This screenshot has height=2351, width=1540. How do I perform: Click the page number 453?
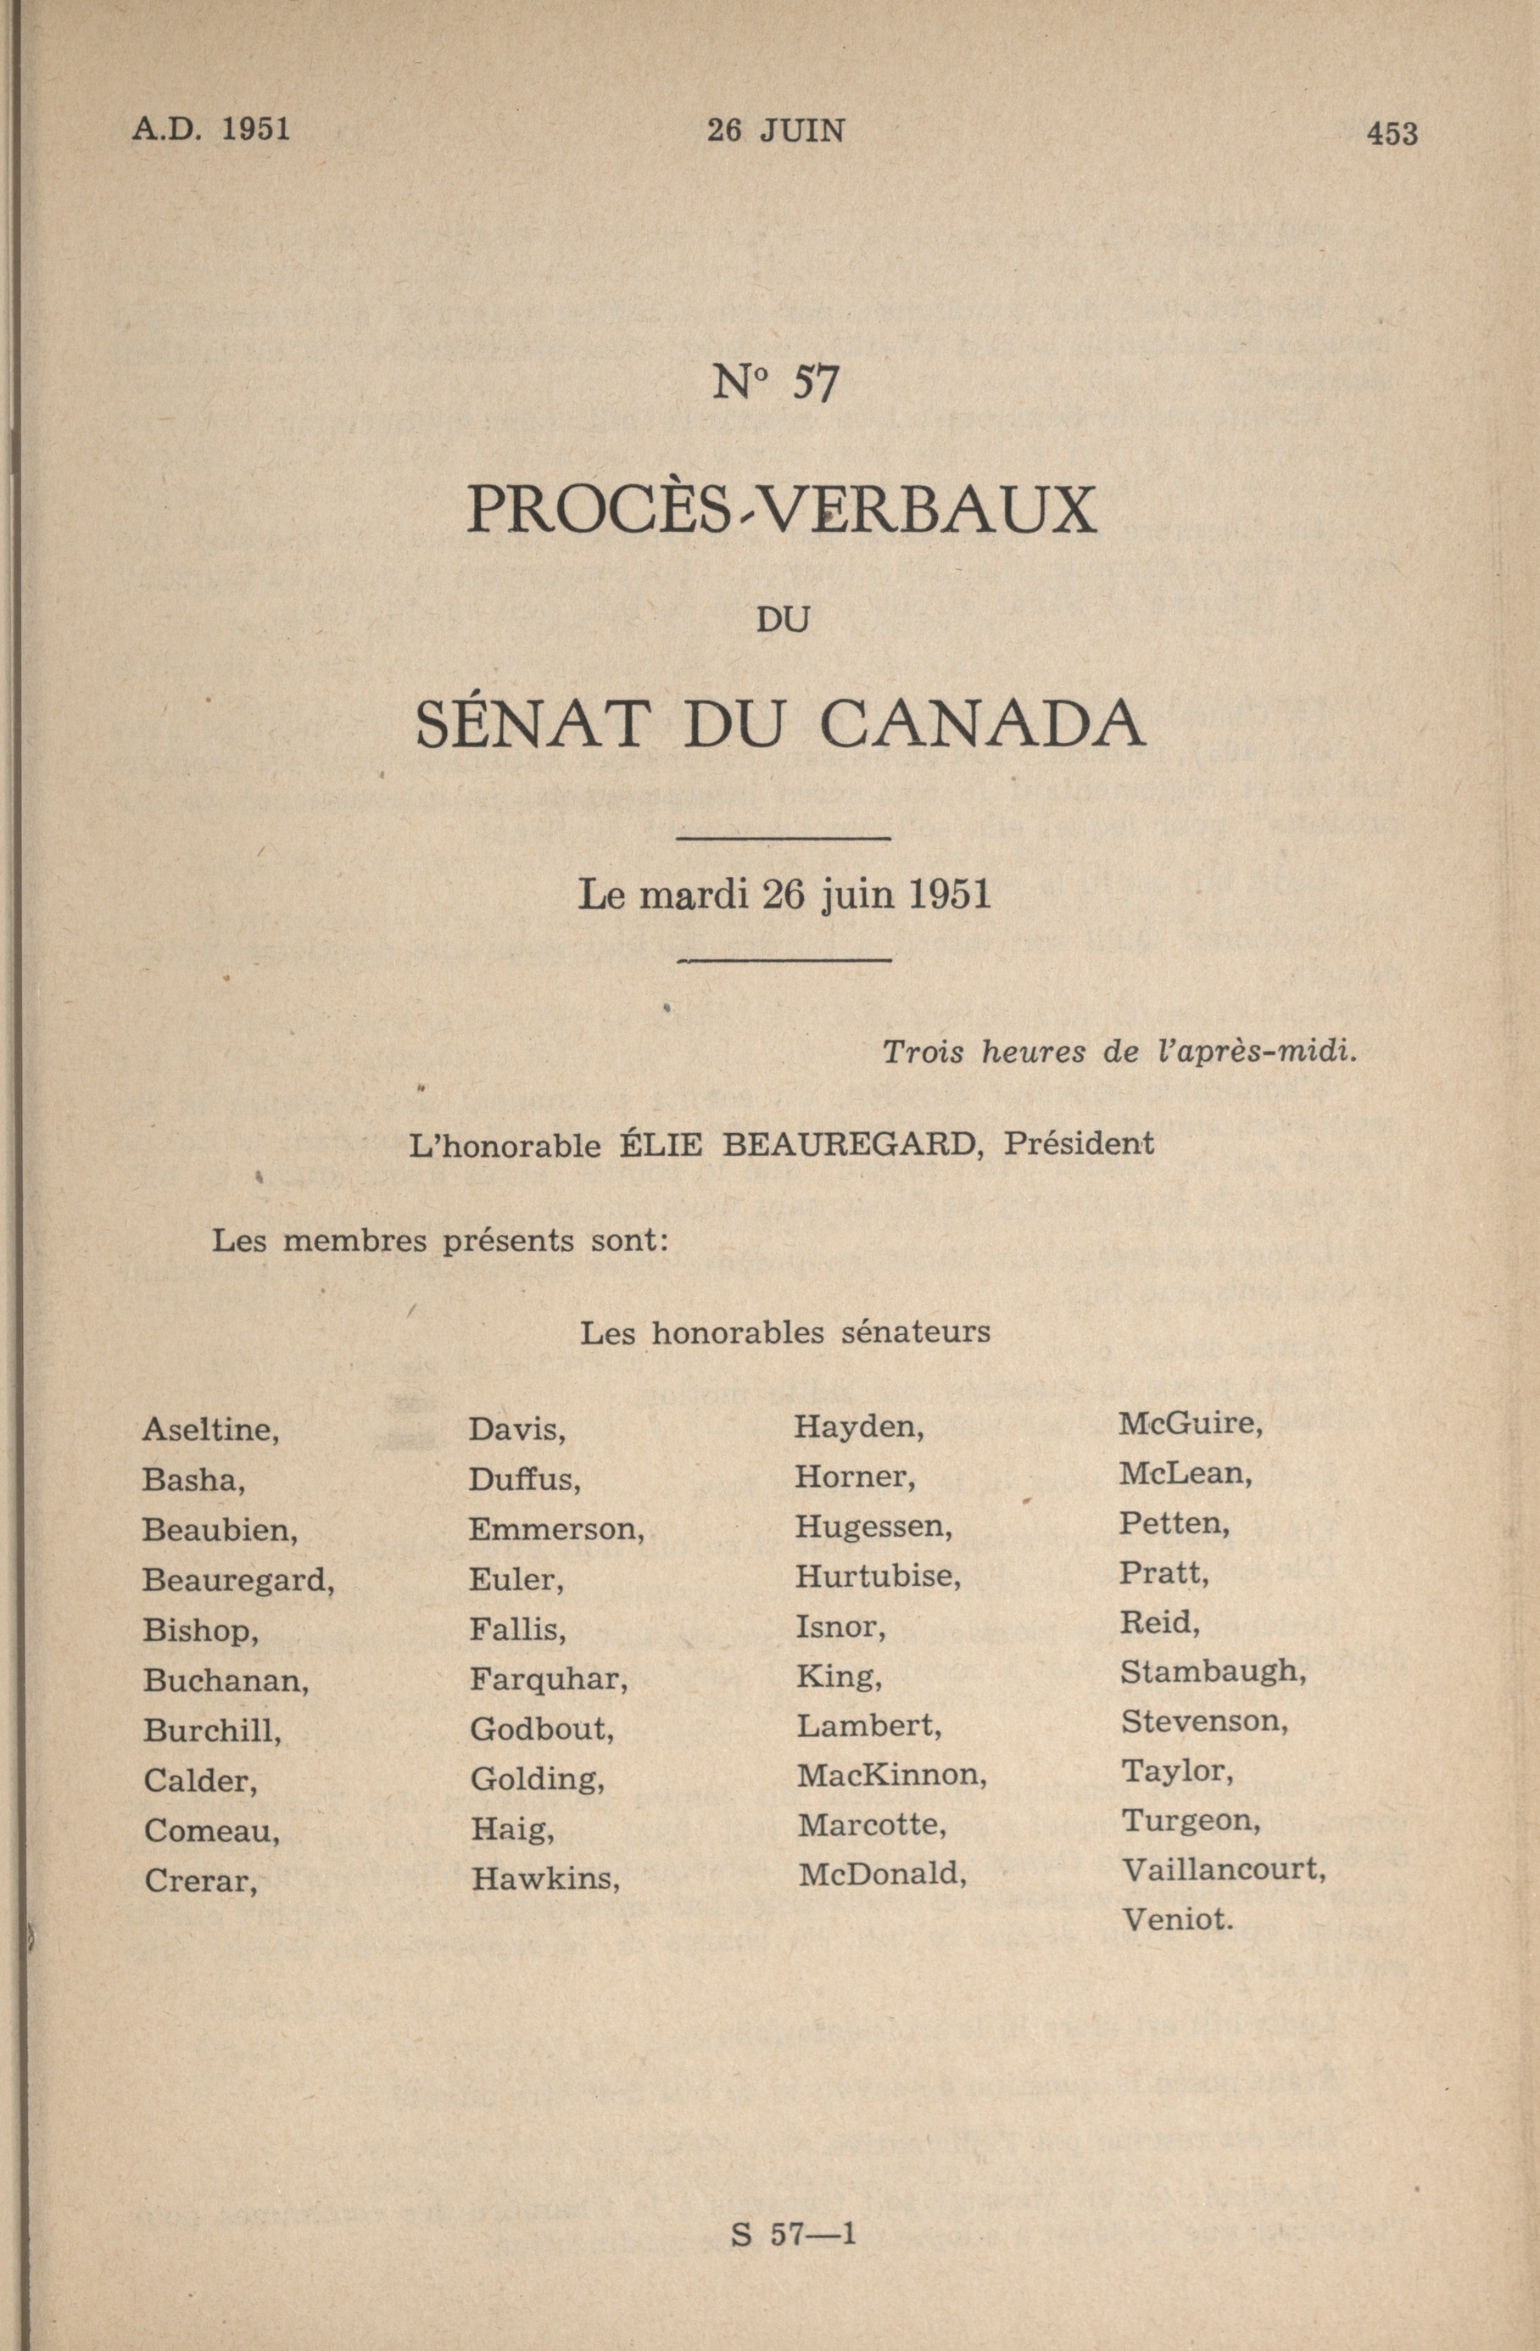pos(1392,132)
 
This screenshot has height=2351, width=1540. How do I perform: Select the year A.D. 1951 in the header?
pos(210,130)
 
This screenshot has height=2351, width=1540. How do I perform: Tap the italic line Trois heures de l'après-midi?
pos(1120,1052)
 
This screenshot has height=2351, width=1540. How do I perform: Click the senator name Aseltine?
pos(209,1429)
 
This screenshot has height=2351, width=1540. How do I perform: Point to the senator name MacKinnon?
pos(891,1775)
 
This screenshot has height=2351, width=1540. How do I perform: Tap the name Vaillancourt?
pos(1223,1869)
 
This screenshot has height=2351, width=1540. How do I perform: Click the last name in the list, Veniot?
pos(1178,1919)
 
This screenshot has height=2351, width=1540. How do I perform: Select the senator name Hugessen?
pos(873,1527)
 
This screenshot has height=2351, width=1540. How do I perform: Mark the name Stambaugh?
pos(1213,1672)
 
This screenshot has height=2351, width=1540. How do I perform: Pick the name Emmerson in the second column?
pos(556,1529)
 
